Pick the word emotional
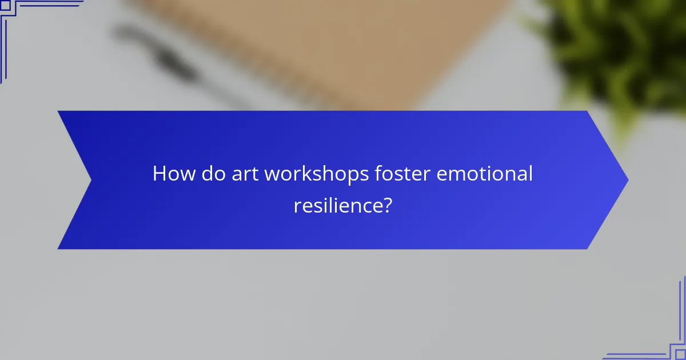pyautogui.click(x=485, y=174)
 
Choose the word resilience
pyautogui.click(x=336, y=205)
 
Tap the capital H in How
pyautogui.click(x=159, y=174)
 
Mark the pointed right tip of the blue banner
pyautogui.click(x=627, y=180)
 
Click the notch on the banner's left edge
pyautogui.click(x=91, y=180)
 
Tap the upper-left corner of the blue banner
pyautogui.click(x=58, y=111)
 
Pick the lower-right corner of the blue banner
pyautogui.click(x=588, y=249)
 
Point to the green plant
pyautogui.click(x=617, y=51)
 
